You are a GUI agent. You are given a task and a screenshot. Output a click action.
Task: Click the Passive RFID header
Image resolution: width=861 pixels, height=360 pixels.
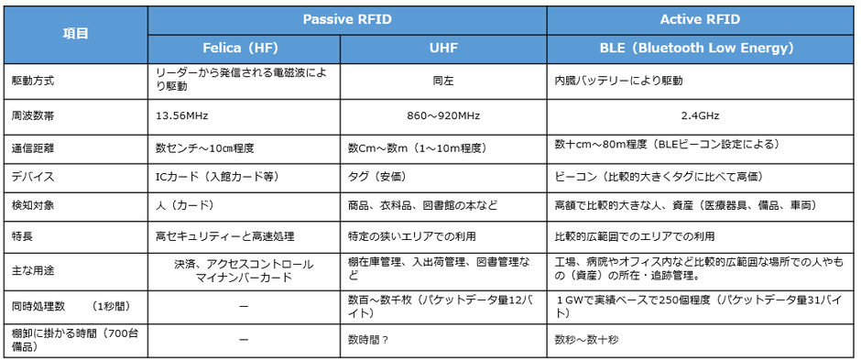347,18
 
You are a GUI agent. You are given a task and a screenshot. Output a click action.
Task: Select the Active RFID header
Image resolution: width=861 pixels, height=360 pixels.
700,18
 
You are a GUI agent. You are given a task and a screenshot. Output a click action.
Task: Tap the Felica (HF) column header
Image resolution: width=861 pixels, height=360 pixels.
243,47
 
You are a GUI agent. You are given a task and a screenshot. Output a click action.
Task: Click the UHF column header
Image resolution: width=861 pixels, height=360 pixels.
442,47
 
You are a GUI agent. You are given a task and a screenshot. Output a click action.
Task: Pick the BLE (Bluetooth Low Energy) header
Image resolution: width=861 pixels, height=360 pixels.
700,47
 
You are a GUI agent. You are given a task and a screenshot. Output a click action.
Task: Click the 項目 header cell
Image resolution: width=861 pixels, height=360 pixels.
75,33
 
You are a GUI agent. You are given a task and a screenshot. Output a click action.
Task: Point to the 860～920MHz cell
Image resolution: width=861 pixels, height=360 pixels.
442,116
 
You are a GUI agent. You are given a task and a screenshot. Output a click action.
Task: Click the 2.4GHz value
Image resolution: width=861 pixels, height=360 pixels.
700,116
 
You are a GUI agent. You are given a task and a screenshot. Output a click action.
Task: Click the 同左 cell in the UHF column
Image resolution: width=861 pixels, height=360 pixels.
442,81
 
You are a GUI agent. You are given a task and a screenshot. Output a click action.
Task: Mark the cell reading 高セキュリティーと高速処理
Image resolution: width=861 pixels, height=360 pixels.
224,236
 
